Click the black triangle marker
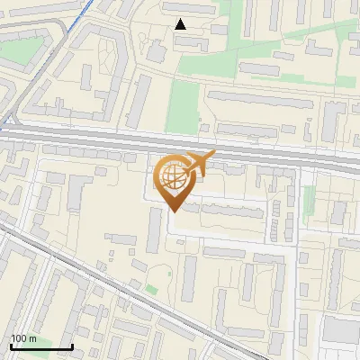(180, 24)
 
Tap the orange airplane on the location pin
(200, 163)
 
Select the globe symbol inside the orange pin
(173, 176)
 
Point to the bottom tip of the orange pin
(174, 212)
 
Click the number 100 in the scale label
(19, 338)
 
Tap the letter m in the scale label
(32, 338)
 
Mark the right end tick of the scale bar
(72, 346)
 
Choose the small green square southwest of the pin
(152, 290)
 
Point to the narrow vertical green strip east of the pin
(309, 202)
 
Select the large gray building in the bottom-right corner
(340, 329)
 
